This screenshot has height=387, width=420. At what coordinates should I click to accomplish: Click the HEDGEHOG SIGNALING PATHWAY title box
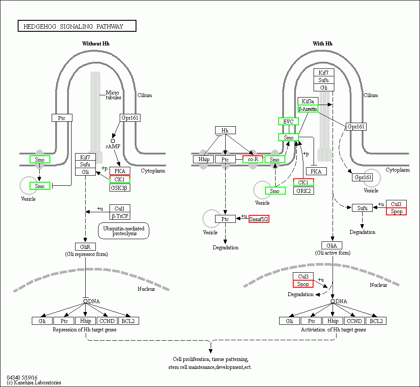pos(77,26)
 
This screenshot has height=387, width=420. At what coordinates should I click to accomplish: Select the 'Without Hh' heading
pos(95,44)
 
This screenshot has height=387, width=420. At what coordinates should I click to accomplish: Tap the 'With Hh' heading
pos(322,44)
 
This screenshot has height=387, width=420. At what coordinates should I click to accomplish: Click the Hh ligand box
pos(225,130)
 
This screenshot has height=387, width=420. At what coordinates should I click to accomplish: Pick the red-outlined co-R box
pos(253,159)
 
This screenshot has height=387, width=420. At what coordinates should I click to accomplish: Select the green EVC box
pos(288,121)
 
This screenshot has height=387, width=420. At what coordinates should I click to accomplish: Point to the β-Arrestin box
pos(308,109)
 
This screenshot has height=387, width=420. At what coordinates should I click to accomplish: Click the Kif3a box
pos(308,101)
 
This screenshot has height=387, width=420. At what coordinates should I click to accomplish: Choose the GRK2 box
pos(303,191)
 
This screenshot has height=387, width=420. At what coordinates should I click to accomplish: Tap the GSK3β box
pos(120,188)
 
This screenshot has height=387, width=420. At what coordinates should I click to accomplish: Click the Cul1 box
pos(120,208)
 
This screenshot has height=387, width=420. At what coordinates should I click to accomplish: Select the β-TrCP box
pos(120,216)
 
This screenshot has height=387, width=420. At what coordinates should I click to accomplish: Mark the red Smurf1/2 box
pos(259,219)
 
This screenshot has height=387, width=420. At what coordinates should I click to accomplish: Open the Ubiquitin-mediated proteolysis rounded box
pos(124,231)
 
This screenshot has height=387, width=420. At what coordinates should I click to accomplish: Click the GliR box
pos(85,247)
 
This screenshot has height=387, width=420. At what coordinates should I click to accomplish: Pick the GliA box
pos(332,245)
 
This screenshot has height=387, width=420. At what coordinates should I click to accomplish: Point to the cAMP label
pos(112,146)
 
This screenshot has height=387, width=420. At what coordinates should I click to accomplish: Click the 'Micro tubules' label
pos(114,95)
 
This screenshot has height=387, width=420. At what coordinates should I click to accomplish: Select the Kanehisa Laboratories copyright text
pos(34,383)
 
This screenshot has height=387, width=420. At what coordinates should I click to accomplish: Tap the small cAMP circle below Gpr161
pos(113,141)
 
